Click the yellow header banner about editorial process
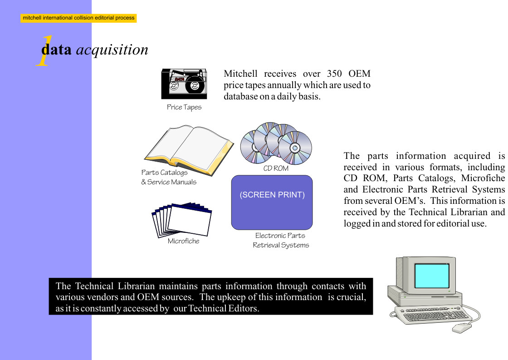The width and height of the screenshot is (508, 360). pyautogui.click(x=78, y=18)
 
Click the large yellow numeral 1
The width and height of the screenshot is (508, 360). pyautogui.click(x=44, y=50)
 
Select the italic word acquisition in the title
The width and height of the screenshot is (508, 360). pyautogui.click(x=112, y=50)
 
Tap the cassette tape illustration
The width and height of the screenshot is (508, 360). pyautogui.click(x=184, y=84)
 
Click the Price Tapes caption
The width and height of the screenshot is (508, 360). pyautogui.click(x=184, y=107)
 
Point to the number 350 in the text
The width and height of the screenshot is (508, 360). pyautogui.click(x=334, y=74)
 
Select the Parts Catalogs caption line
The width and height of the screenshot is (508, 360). pyautogui.click(x=164, y=173)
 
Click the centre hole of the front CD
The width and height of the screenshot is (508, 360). pyautogui.click(x=295, y=148)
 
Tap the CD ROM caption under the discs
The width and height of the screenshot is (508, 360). pyautogui.click(x=276, y=168)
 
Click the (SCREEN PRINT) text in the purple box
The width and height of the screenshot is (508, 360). pyautogui.click(x=272, y=195)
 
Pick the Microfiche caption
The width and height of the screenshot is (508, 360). pyautogui.click(x=183, y=241)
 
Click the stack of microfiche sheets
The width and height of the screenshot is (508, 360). pyautogui.click(x=181, y=220)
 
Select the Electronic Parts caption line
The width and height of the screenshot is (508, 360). pyautogui.click(x=280, y=236)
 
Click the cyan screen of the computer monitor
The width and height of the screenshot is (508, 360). pyautogui.click(x=432, y=276)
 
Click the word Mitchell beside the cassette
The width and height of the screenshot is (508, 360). pyautogui.click(x=240, y=74)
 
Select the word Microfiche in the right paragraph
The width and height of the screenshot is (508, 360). pyautogui.click(x=483, y=178)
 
